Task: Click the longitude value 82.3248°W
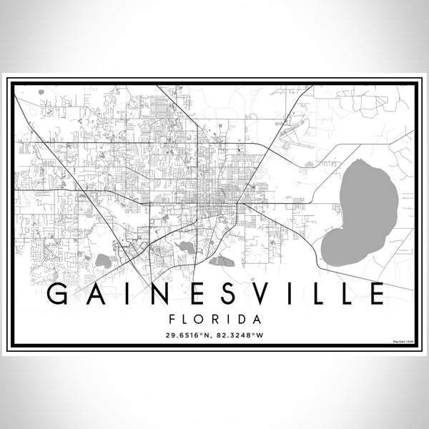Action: pos(241,333)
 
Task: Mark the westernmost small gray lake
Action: pos(103,261)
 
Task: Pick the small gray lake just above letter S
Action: pos(221,261)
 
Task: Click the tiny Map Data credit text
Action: pos(403,343)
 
